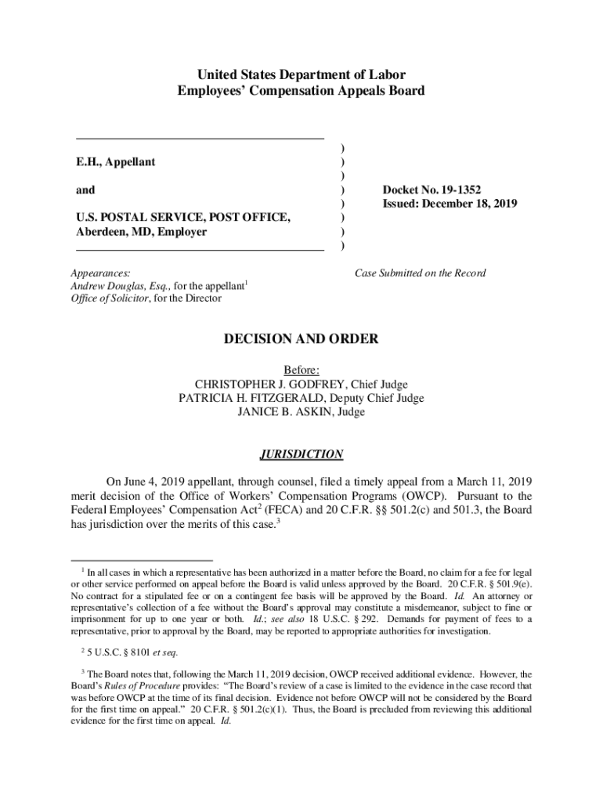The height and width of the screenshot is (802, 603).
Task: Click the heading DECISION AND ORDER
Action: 301,340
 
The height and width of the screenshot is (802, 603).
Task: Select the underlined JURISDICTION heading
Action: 301,454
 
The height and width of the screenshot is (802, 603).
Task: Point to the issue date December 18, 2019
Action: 468,204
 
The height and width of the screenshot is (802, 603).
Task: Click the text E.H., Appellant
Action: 115,162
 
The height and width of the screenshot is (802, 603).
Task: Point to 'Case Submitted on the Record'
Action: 420,273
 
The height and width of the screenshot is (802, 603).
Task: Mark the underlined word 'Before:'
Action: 301,370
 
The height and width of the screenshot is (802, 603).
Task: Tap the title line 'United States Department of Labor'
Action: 301,75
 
